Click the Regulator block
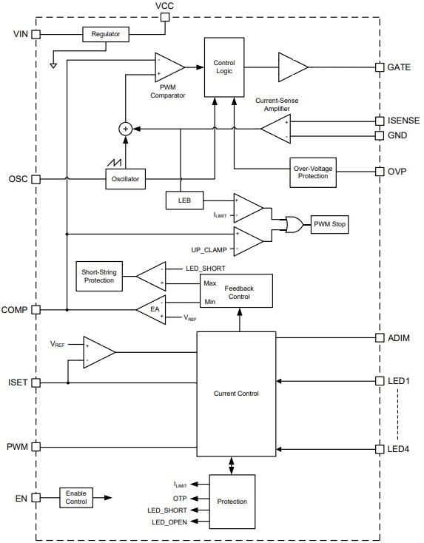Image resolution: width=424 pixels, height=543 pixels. [105, 34]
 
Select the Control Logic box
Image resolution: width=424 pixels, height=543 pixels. [223, 67]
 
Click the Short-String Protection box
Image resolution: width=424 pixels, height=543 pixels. [98, 275]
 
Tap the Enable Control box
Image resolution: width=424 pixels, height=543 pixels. [76, 497]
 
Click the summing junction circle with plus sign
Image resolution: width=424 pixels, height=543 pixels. [125, 129]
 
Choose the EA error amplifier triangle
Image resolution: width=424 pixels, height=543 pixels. [152, 310]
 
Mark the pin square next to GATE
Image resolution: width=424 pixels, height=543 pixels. [380, 67]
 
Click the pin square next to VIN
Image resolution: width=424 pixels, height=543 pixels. [36, 34]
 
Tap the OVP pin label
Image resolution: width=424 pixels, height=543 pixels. [397, 171]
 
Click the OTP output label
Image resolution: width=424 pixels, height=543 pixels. [181, 497]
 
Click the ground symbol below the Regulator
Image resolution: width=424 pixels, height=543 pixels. [53, 64]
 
